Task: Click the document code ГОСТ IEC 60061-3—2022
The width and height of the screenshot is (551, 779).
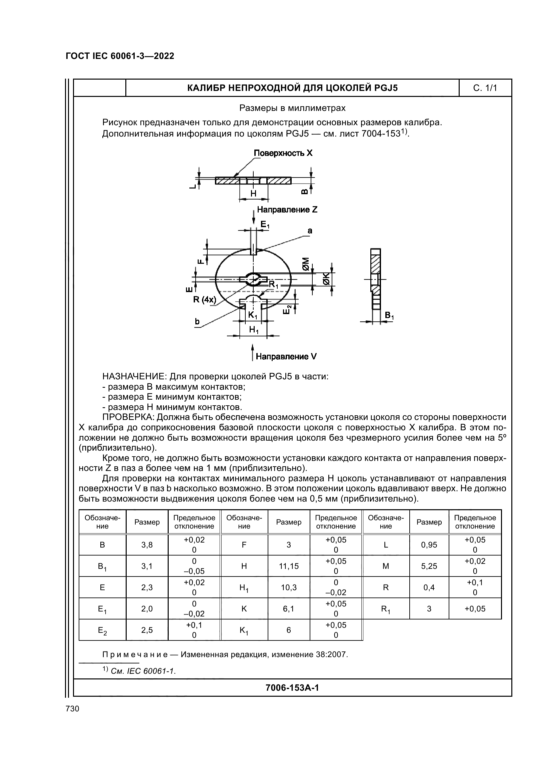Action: [x=120, y=56]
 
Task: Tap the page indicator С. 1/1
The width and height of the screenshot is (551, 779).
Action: [x=485, y=88]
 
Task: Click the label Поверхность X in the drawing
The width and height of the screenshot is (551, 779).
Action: [x=283, y=153]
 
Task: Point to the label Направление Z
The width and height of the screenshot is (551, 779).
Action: [x=287, y=210]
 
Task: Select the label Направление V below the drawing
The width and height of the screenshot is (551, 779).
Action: [x=286, y=357]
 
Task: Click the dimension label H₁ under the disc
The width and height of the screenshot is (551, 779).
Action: [x=254, y=329]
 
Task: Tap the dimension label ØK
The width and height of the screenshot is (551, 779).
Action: [x=326, y=278]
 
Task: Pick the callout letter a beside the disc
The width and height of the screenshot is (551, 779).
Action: [x=310, y=231]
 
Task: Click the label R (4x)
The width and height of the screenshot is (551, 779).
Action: [x=204, y=300]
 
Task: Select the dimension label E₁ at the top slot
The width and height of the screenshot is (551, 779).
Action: [x=265, y=224]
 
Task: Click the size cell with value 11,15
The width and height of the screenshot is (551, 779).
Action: [x=289, y=566]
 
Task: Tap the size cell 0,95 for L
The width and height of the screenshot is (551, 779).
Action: [x=429, y=545]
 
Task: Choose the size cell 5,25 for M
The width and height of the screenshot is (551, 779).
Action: [x=429, y=566]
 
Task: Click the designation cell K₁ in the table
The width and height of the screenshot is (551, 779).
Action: [x=244, y=630]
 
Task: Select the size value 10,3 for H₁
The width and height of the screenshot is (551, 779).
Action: [x=289, y=587]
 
